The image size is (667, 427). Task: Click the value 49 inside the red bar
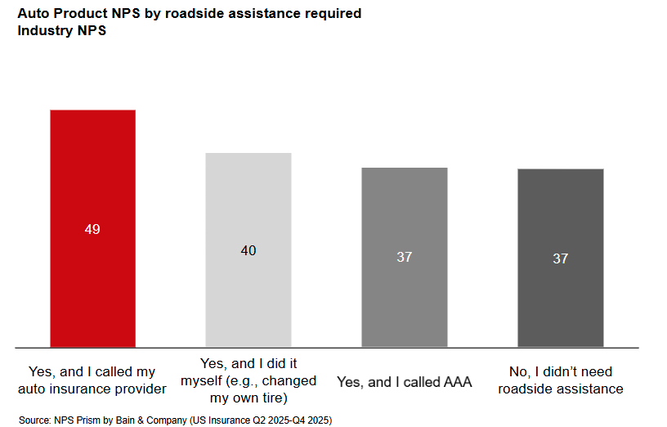(x=92, y=230)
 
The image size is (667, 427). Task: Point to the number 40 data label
(x=248, y=250)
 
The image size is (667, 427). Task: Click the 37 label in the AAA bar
(x=404, y=257)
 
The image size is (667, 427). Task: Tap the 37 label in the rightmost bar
(x=560, y=258)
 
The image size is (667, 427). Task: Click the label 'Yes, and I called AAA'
(x=404, y=382)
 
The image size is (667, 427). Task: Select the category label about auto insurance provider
(x=92, y=380)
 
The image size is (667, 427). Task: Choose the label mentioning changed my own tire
(x=248, y=380)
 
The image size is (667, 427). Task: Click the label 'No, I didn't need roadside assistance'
(x=560, y=380)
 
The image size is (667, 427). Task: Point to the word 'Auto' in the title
(x=35, y=15)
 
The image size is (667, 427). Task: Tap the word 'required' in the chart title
(x=333, y=15)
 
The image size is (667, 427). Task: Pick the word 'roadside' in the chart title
(x=199, y=15)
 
